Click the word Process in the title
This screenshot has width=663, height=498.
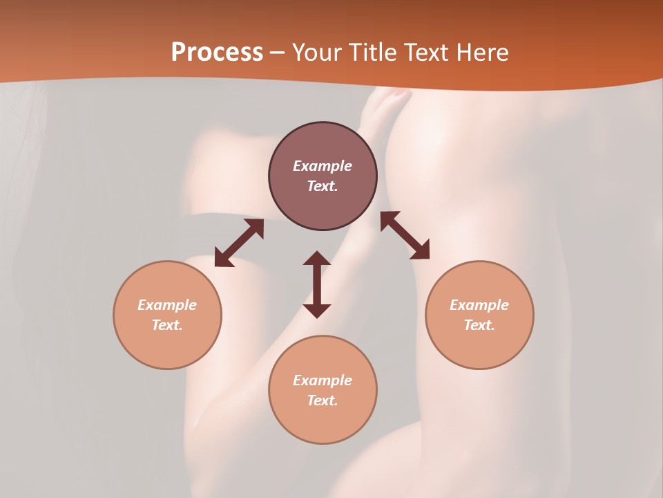click(x=217, y=53)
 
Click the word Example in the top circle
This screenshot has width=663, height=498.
click(x=323, y=166)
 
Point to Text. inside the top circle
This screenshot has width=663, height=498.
click(x=323, y=186)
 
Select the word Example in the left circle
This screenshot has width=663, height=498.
click(x=167, y=305)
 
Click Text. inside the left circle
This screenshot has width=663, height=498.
click(x=167, y=325)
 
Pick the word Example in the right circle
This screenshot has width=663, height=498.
click(x=479, y=305)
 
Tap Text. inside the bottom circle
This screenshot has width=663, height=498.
click(x=323, y=400)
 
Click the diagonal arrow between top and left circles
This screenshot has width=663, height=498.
click(x=239, y=243)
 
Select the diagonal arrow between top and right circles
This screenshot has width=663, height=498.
click(x=405, y=235)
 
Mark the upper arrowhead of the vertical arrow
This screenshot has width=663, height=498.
click(x=317, y=259)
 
